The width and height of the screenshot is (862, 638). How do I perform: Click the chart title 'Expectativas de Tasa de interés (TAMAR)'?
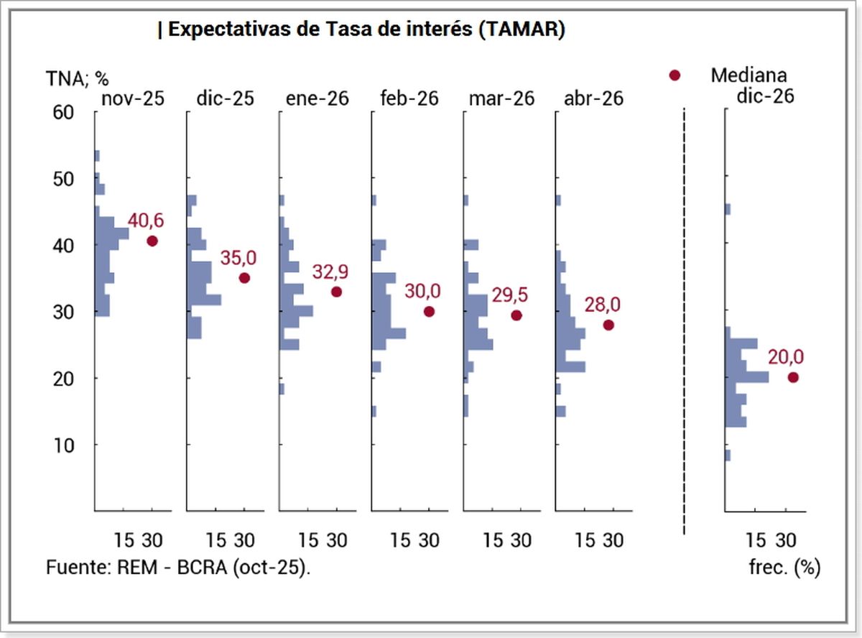(361, 30)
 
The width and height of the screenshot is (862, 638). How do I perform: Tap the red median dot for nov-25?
(152, 241)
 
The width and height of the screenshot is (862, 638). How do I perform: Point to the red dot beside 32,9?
(336, 292)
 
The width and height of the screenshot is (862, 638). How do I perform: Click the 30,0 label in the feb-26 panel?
(423, 291)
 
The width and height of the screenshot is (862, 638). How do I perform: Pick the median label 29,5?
(509, 295)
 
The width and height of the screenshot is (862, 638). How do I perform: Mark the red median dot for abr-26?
(608, 325)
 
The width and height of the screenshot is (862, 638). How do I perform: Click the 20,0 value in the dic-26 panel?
(785, 357)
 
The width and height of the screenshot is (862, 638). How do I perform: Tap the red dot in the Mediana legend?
(674, 75)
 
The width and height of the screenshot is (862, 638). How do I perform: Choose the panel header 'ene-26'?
(318, 98)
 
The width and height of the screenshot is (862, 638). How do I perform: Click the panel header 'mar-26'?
(501, 98)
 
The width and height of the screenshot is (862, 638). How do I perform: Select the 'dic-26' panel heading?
(765, 96)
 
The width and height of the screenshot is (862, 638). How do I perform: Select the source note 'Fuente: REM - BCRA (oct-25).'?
(179, 566)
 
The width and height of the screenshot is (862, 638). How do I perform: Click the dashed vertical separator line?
(684, 323)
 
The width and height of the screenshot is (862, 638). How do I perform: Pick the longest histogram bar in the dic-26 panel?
(747, 376)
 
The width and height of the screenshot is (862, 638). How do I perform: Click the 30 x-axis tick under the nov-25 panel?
(152, 540)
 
